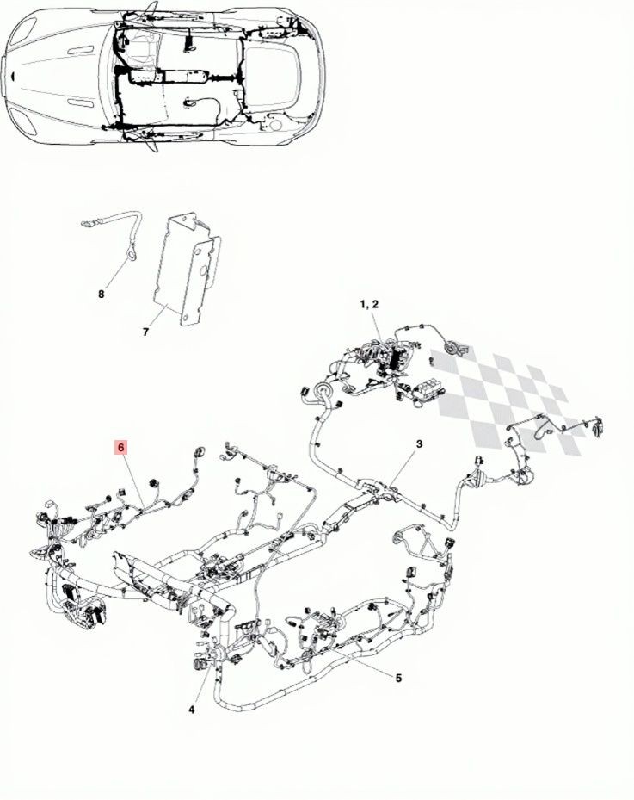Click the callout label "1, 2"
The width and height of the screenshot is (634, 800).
[370, 305]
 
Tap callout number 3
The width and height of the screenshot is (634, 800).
[419, 443]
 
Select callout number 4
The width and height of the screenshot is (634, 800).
[192, 710]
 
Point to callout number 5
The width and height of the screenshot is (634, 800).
[398, 678]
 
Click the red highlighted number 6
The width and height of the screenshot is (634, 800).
[120, 448]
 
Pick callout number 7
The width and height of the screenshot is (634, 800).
[145, 332]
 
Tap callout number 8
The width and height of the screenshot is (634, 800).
[101, 295]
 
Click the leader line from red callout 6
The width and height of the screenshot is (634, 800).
[133, 480]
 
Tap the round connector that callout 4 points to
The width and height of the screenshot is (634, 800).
[198, 664]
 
